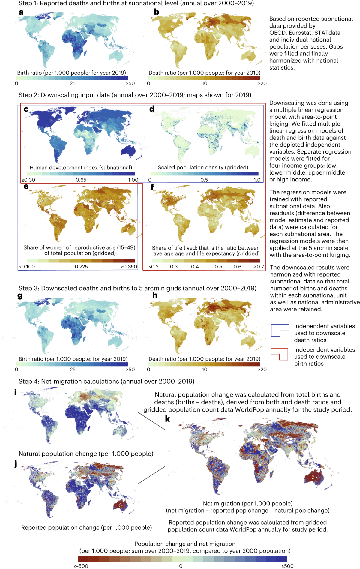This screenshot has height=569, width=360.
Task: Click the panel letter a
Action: point(21,12)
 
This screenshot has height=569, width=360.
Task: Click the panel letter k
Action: point(167,419)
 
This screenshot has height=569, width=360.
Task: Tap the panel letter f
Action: point(152,187)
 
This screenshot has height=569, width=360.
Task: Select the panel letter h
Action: point(155,295)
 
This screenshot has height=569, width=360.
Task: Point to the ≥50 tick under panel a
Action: point(130,84)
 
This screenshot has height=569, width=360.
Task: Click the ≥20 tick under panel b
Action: point(262,84)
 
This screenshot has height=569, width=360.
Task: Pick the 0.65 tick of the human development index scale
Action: point(81,180)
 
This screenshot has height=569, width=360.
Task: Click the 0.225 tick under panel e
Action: point(81,267)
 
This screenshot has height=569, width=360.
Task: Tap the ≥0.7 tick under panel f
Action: point(259,267)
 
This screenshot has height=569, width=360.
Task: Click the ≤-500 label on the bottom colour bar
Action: point(81,566)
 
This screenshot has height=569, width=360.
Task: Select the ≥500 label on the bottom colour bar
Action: point(287,566)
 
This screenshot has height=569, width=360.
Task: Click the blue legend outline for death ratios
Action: point(280,330)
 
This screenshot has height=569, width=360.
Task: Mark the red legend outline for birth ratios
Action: point(280,354)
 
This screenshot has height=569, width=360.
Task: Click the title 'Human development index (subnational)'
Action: point(81,168)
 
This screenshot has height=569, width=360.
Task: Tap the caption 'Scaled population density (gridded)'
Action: point(203,168)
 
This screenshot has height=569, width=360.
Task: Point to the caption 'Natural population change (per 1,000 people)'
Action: point(86,454)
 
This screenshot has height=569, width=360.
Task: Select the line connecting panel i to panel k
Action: point(151,421)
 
